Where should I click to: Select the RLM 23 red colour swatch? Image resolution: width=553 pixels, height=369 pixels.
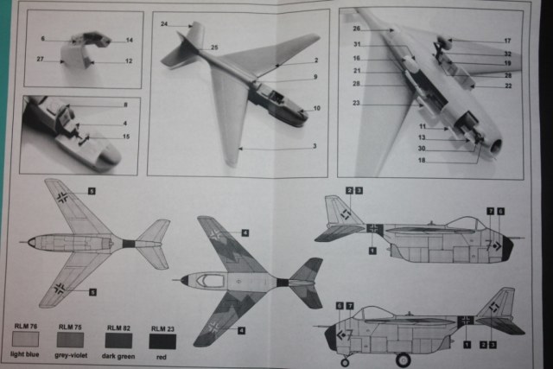162,340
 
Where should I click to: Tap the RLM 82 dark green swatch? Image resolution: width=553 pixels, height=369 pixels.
118,340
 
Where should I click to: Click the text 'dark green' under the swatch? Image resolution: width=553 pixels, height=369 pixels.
118,355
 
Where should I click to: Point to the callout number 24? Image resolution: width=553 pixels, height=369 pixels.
164,24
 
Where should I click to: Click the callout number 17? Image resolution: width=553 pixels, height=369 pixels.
508,40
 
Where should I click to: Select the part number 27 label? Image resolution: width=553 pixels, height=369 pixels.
41,60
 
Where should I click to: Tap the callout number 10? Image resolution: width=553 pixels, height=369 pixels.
317,108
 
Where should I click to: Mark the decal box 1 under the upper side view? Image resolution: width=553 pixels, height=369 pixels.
372,251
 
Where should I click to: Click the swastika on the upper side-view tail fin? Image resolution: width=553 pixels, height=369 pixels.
345,213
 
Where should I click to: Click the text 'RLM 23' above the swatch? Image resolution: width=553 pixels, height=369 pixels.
162,328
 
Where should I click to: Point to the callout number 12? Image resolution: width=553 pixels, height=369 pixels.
128,61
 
